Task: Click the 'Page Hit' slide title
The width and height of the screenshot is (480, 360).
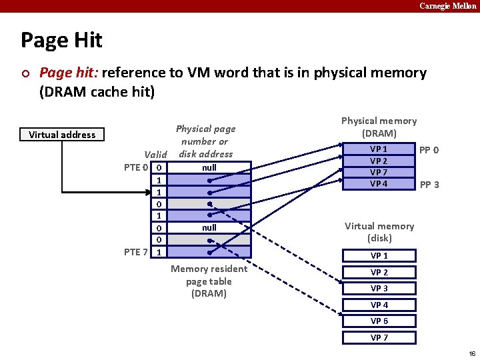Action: pos(61,40)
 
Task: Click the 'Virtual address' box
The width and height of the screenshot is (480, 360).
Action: pos(62,135)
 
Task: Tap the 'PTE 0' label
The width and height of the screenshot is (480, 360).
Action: pos(136,167)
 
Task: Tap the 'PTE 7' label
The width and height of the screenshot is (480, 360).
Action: pos(136,251)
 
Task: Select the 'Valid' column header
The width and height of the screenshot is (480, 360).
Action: pos(155,155)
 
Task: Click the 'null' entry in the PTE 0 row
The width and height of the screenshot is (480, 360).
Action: pos(209,167)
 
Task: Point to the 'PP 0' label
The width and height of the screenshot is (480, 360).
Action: pos(428,150)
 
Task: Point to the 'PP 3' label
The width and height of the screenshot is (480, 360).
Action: pos(428,185)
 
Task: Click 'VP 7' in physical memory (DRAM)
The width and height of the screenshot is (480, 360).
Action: pos(379,173)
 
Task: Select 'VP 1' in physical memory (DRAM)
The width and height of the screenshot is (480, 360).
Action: pos(379,149)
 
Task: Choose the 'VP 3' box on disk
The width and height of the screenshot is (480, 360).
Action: pos(379,288)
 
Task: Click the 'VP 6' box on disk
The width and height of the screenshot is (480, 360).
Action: pos(379,321)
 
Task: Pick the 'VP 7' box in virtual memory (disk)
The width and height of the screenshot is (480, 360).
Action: pos(379,337)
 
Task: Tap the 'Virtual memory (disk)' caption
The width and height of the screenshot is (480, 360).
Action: pos(379,232)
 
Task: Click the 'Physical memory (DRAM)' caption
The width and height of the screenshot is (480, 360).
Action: pos(379,127)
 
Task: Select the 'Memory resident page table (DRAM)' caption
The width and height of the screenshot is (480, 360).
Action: pos(209,281)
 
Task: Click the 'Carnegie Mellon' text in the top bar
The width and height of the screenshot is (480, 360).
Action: pos(447,6)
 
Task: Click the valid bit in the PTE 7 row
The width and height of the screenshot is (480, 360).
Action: pos(159,252)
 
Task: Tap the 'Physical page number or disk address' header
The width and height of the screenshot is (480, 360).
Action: pos(205,141)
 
